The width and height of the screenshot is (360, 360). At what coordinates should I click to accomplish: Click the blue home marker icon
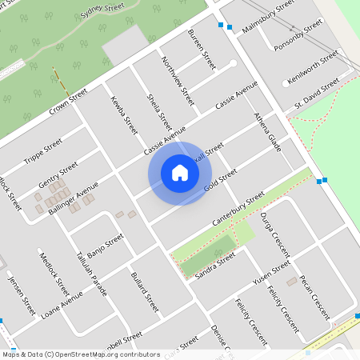[x=180, y=173]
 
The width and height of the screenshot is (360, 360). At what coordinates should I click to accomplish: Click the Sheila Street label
[x=159, y=111]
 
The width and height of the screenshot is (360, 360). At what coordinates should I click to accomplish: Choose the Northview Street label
[x=178, y=81]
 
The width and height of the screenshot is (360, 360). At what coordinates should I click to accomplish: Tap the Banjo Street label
[x=106, y=242]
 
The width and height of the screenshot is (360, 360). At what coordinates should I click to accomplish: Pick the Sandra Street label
[x=214, y=266]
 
